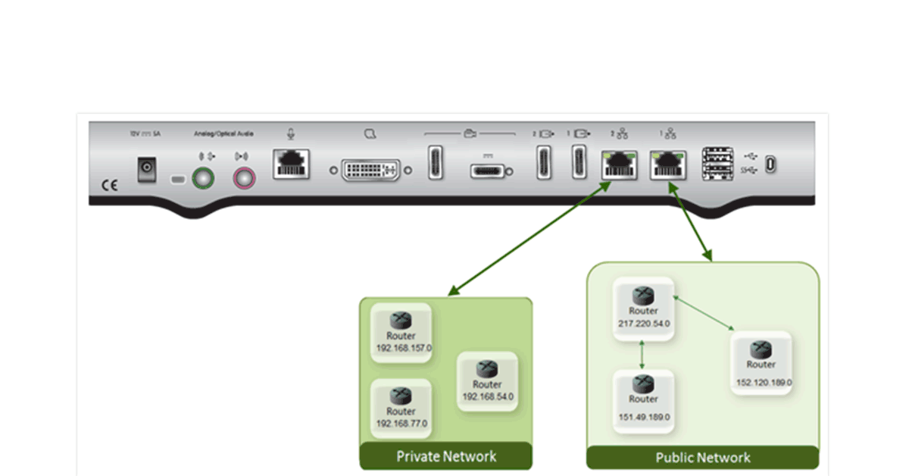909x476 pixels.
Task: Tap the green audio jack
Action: pos(202,179)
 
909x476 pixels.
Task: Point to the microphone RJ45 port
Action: pos(291,163)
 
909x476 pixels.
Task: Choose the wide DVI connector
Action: pos(370,171)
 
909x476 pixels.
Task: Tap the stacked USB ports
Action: pos(716,163)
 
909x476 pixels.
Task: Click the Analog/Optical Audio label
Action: pos(224,134)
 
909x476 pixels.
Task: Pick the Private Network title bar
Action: pos(446,456)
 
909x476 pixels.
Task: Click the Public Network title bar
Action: pos(702,458)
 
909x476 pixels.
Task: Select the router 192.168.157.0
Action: pos(401,333)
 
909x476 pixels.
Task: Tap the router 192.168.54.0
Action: pos(487,381)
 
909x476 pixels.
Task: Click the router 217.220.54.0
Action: pos(643,307)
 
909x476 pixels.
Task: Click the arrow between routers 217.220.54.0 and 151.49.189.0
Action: pos(642,355)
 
